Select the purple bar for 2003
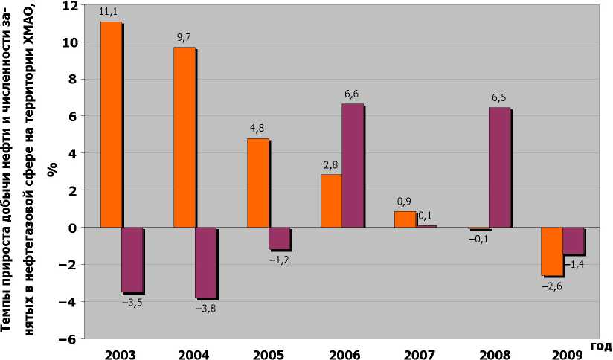click(132, 260)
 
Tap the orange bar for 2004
click(184, 137)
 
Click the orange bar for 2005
click(257, 182)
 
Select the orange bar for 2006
click(331, 201)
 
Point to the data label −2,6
click(551, 286)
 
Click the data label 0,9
click(403, 202)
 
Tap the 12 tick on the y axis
click(69, 5)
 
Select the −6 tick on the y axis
click(68, 338)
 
